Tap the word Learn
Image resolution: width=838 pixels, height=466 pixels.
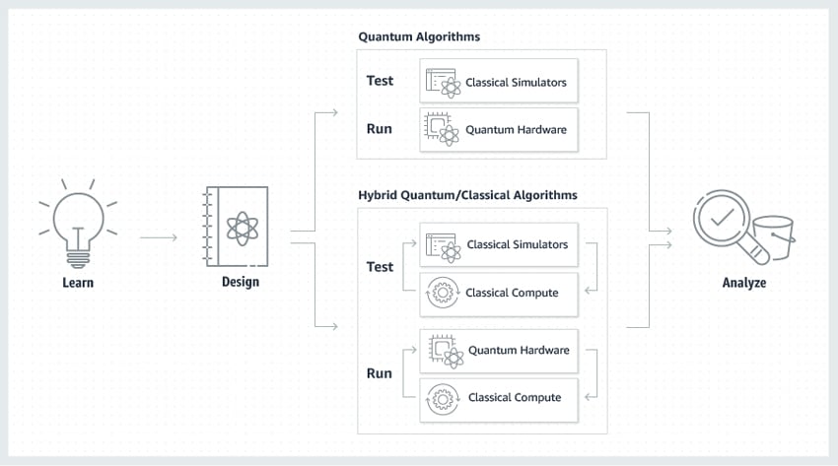[x=78, y=283]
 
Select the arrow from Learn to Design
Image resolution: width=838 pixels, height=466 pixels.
[x=159, y=237]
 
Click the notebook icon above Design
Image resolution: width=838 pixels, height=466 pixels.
[x=237, y=227]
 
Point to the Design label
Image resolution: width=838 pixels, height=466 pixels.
[x=241, y=282]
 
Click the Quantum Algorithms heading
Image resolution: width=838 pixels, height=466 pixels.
[x=419, y=36]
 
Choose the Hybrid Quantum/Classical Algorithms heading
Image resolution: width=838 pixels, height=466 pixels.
[x=467, y=195]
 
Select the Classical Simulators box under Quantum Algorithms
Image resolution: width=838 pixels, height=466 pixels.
[x=499, y=81]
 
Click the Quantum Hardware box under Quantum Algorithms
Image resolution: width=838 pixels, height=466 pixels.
[x=499, y=130]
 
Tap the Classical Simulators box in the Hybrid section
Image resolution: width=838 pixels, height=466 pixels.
[x=499, y=244]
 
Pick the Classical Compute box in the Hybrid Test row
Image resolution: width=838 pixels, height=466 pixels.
[x=499, y=295]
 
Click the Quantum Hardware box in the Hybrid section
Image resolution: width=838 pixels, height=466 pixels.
[x=499, y=351]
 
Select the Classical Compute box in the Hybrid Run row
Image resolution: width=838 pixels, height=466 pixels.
[x=499, y=400]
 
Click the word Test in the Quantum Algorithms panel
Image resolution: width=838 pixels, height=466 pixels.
[x=380, y=81]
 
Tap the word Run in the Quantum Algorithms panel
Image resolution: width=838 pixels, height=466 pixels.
[x=379, y=129]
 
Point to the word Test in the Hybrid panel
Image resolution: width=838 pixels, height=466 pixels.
[x=380, y=267]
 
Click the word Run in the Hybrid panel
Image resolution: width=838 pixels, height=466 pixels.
[x=379, y=373]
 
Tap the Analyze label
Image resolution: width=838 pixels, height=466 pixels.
[x=744, y=283]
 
